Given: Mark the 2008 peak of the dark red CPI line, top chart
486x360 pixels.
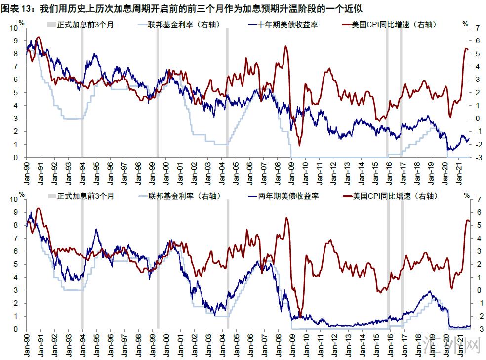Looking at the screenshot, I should pyautogui.click(x=285, y=46).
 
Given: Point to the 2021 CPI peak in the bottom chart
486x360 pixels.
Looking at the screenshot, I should pyautogui.click(x=467, y=220).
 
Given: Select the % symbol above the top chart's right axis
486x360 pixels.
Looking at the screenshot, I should pyautogui.click(x=465, y=23).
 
